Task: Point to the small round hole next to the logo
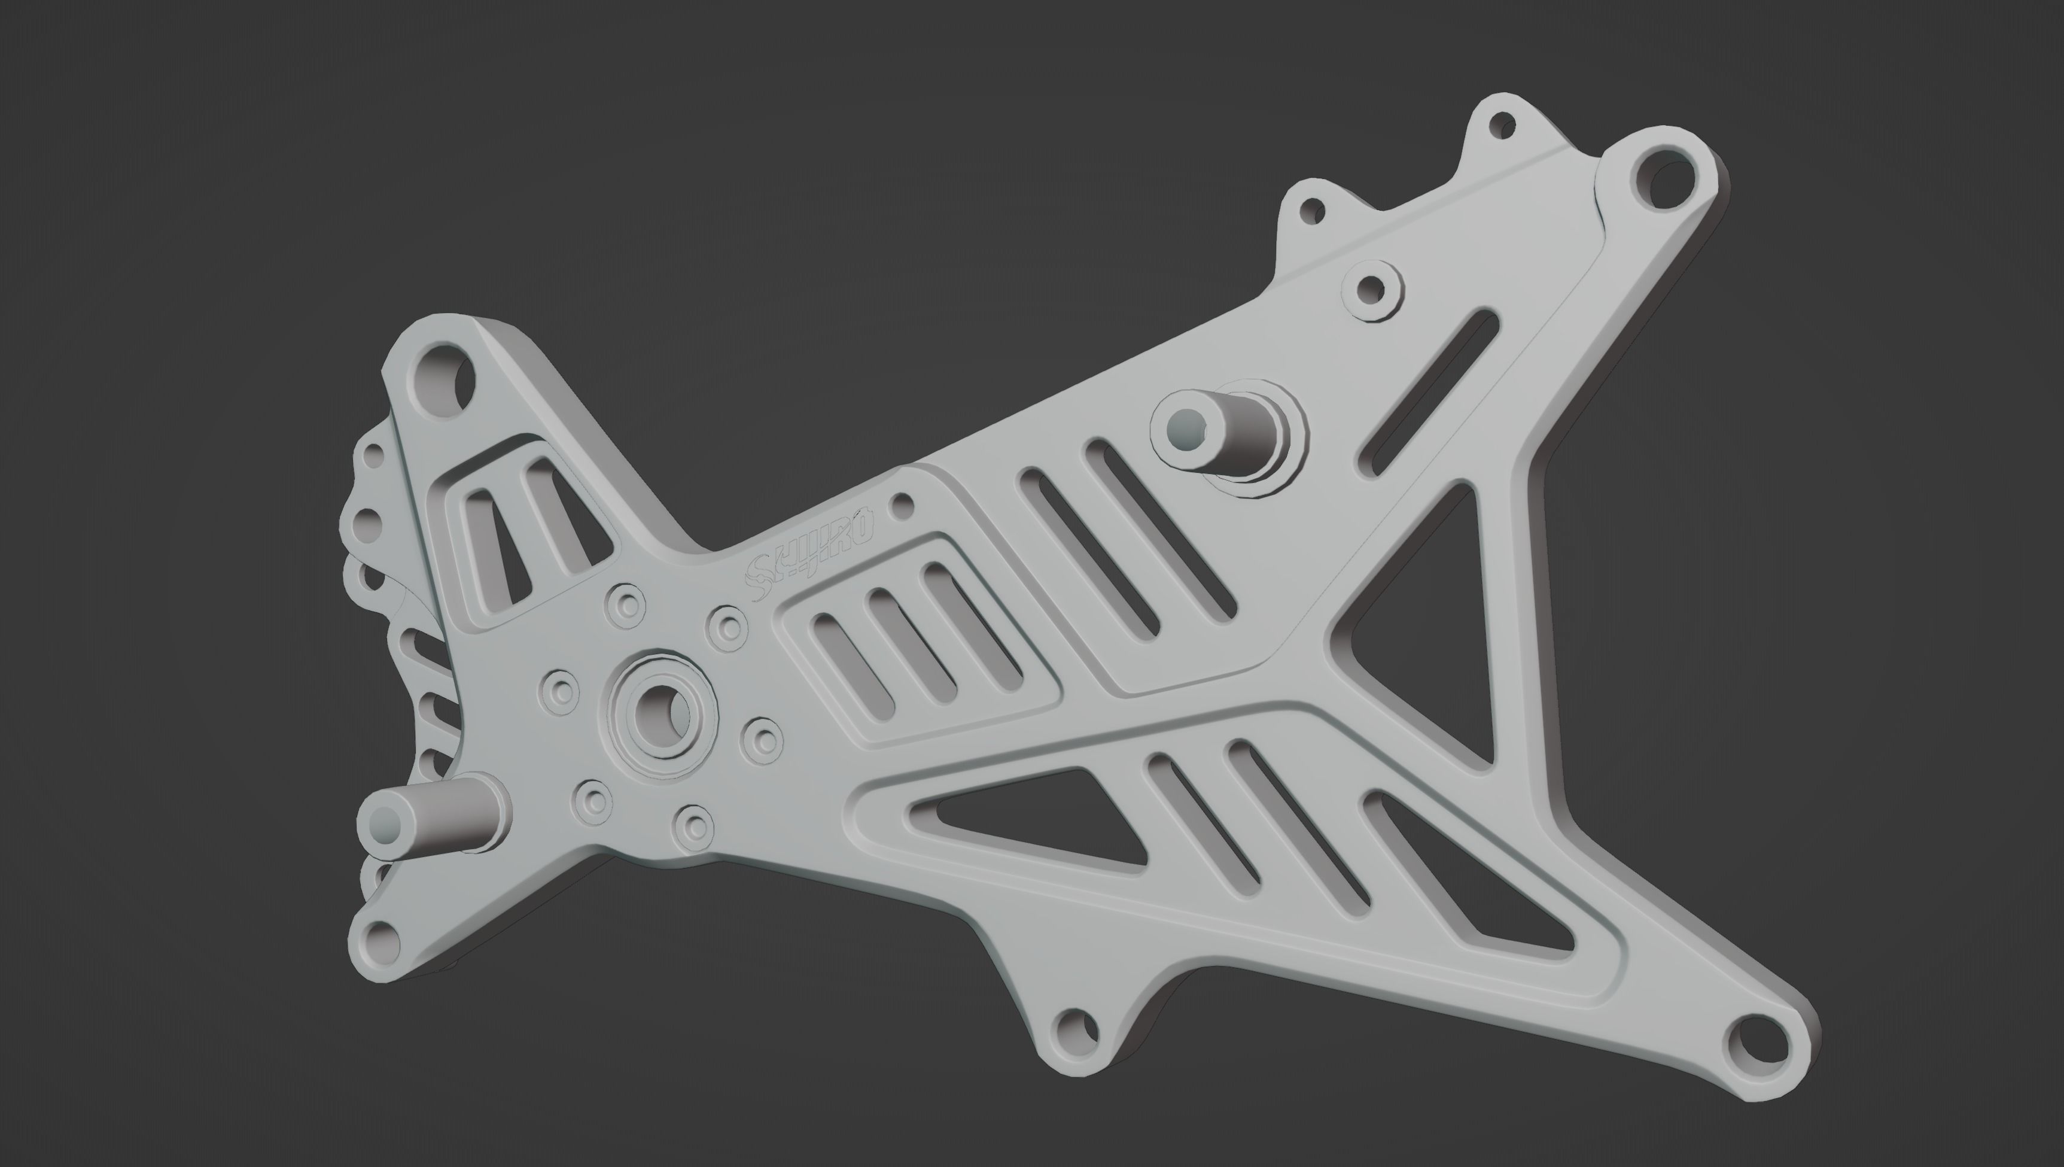903,504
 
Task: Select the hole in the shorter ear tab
1311,212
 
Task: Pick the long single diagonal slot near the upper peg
1430,393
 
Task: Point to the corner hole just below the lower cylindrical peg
380,942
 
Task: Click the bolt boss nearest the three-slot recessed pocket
762,741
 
